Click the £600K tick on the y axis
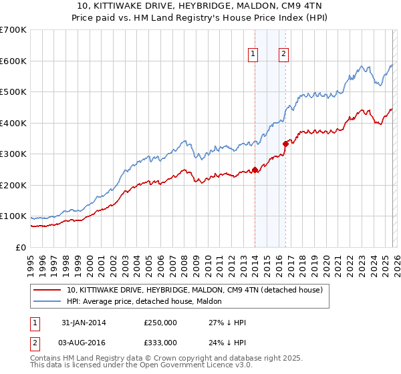click(x=13, y=61)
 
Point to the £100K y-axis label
click(x=13, y=216)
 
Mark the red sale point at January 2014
click(x=255, y=170)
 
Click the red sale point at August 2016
click(x=285, y=143)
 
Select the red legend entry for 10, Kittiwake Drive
click(x=194, y=290)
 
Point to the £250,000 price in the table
click(x=160, y=323)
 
